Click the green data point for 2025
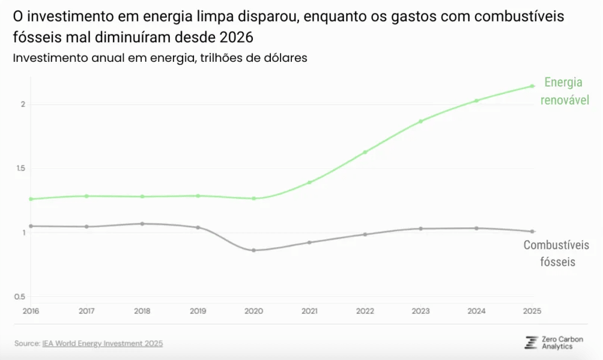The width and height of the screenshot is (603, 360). click(x=532, y=86)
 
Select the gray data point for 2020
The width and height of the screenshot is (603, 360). click(x=253, y=250)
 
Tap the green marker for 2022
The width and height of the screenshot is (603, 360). click(x=365, y=152)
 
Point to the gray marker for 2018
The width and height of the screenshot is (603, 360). click(x=142, y=224)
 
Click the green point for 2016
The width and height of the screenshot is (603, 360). click(x=31, y=199)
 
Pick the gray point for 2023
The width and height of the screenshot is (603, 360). click(x=420, y=228)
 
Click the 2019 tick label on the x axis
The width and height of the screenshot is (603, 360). click(x=198, y=311)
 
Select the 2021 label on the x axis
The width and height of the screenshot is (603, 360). click(x=309, y=311)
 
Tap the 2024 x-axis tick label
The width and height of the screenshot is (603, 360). click(x=476, y=311)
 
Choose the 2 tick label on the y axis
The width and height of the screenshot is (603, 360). click(x=23, y=105)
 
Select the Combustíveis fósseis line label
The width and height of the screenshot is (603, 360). click(x=556, y=254)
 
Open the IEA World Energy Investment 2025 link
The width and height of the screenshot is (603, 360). click(x=103, y=344)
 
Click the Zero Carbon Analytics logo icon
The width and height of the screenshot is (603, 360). click(x=531, y=343)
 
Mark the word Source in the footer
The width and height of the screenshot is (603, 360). click(x=26, y=344)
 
